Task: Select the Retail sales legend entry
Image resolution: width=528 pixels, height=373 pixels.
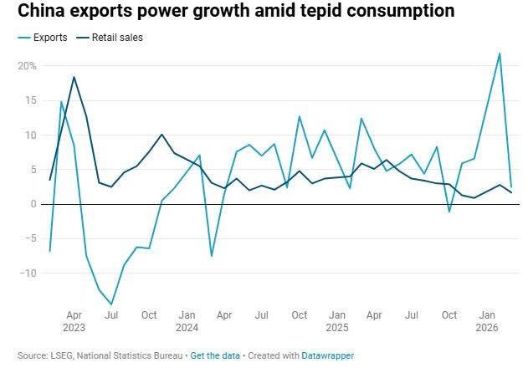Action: [x=116, y=38]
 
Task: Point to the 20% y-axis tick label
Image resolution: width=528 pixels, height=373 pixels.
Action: [x=27, y=65]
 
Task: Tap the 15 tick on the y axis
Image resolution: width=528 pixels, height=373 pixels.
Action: [x=30, y=100]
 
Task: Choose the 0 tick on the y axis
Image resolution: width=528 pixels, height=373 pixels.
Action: [x=33, y=203]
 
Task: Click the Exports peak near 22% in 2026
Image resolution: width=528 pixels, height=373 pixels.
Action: [x=500, y=54]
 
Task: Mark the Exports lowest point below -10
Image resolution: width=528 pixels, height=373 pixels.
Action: [x=111, y=304]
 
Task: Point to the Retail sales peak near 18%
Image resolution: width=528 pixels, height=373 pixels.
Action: [x=74, y=77]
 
